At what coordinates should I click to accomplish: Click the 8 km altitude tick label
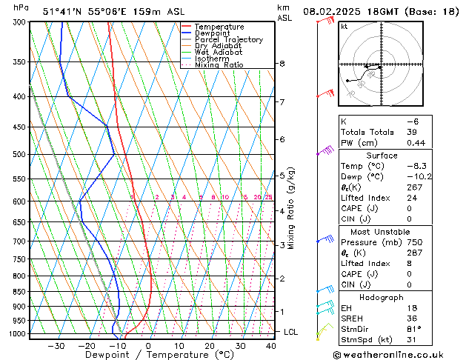tap(282, 64)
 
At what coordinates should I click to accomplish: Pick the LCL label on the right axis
tap(290, 332)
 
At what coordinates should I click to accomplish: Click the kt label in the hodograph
tap(344, 27)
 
